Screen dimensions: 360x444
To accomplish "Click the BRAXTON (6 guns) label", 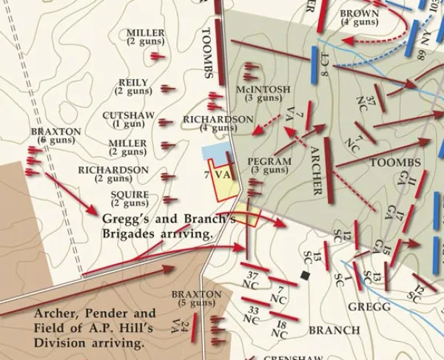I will [56, 135].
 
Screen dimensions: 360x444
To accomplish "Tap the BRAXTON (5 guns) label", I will [196, 298].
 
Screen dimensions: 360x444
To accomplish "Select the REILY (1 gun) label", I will [133, 86].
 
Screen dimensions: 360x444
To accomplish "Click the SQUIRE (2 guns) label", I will [129, 199].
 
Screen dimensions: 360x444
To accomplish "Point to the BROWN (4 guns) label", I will [359, 17].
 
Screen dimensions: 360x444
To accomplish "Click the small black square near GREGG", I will [304, 276].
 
